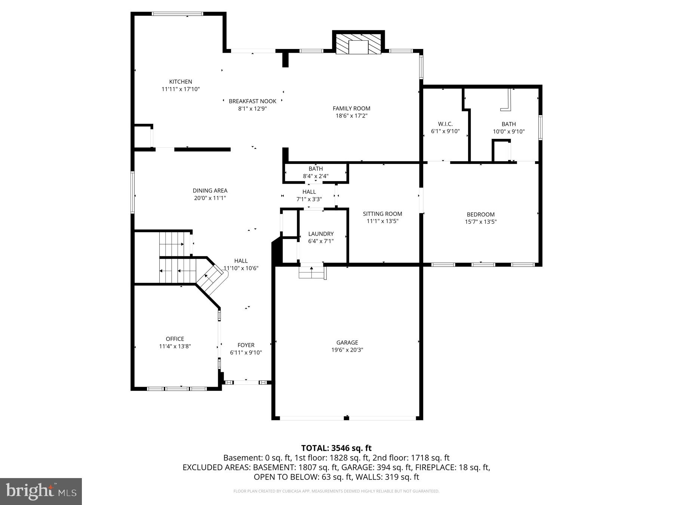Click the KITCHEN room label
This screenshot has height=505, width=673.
tap(181, 82)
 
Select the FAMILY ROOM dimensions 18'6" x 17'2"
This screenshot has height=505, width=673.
tap(351, 116)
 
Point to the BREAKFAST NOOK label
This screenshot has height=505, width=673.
tap(252, 101)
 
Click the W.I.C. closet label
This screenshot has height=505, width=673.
tap(445, 124)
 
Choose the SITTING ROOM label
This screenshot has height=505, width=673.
tap(382, 214)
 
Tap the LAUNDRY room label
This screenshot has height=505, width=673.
tap(321, 234)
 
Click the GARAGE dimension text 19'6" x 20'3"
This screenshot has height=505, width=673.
tap(347, 350)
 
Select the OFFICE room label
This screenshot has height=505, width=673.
tap(175, 339)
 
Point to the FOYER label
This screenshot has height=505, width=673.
tap(246, 345)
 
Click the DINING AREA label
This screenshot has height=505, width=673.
tap(210, 191)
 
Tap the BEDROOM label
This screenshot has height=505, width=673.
tap(480, 214)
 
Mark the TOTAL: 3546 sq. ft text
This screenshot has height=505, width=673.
tap(336, 448)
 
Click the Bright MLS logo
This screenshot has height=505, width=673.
tap(41, 491)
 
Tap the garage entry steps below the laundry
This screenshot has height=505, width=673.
tap(312, 273)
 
